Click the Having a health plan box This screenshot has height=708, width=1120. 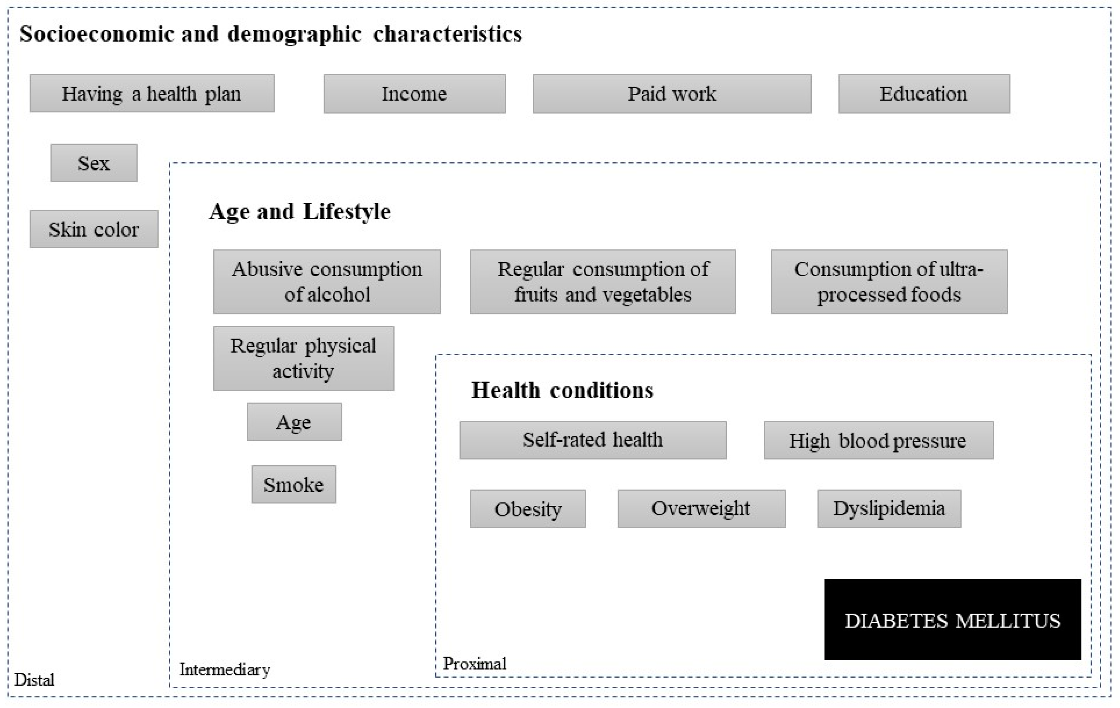pos(152,93)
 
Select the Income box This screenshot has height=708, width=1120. pos(414,94)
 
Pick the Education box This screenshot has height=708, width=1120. pos(924,94)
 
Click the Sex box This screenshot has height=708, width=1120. pos(94,163)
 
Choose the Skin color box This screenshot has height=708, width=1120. pos(94,229)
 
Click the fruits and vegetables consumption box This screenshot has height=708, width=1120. pos(603,282)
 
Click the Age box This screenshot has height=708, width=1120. pos(294,422)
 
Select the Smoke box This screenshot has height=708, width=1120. pos(294,484)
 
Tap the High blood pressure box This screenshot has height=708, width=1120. pos(879,440)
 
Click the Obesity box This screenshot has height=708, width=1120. pos(528,509)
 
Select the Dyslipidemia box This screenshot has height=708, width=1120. pos(889,509)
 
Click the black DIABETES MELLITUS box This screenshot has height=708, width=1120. pos(952,620)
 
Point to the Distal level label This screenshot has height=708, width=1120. pos(34,680)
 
